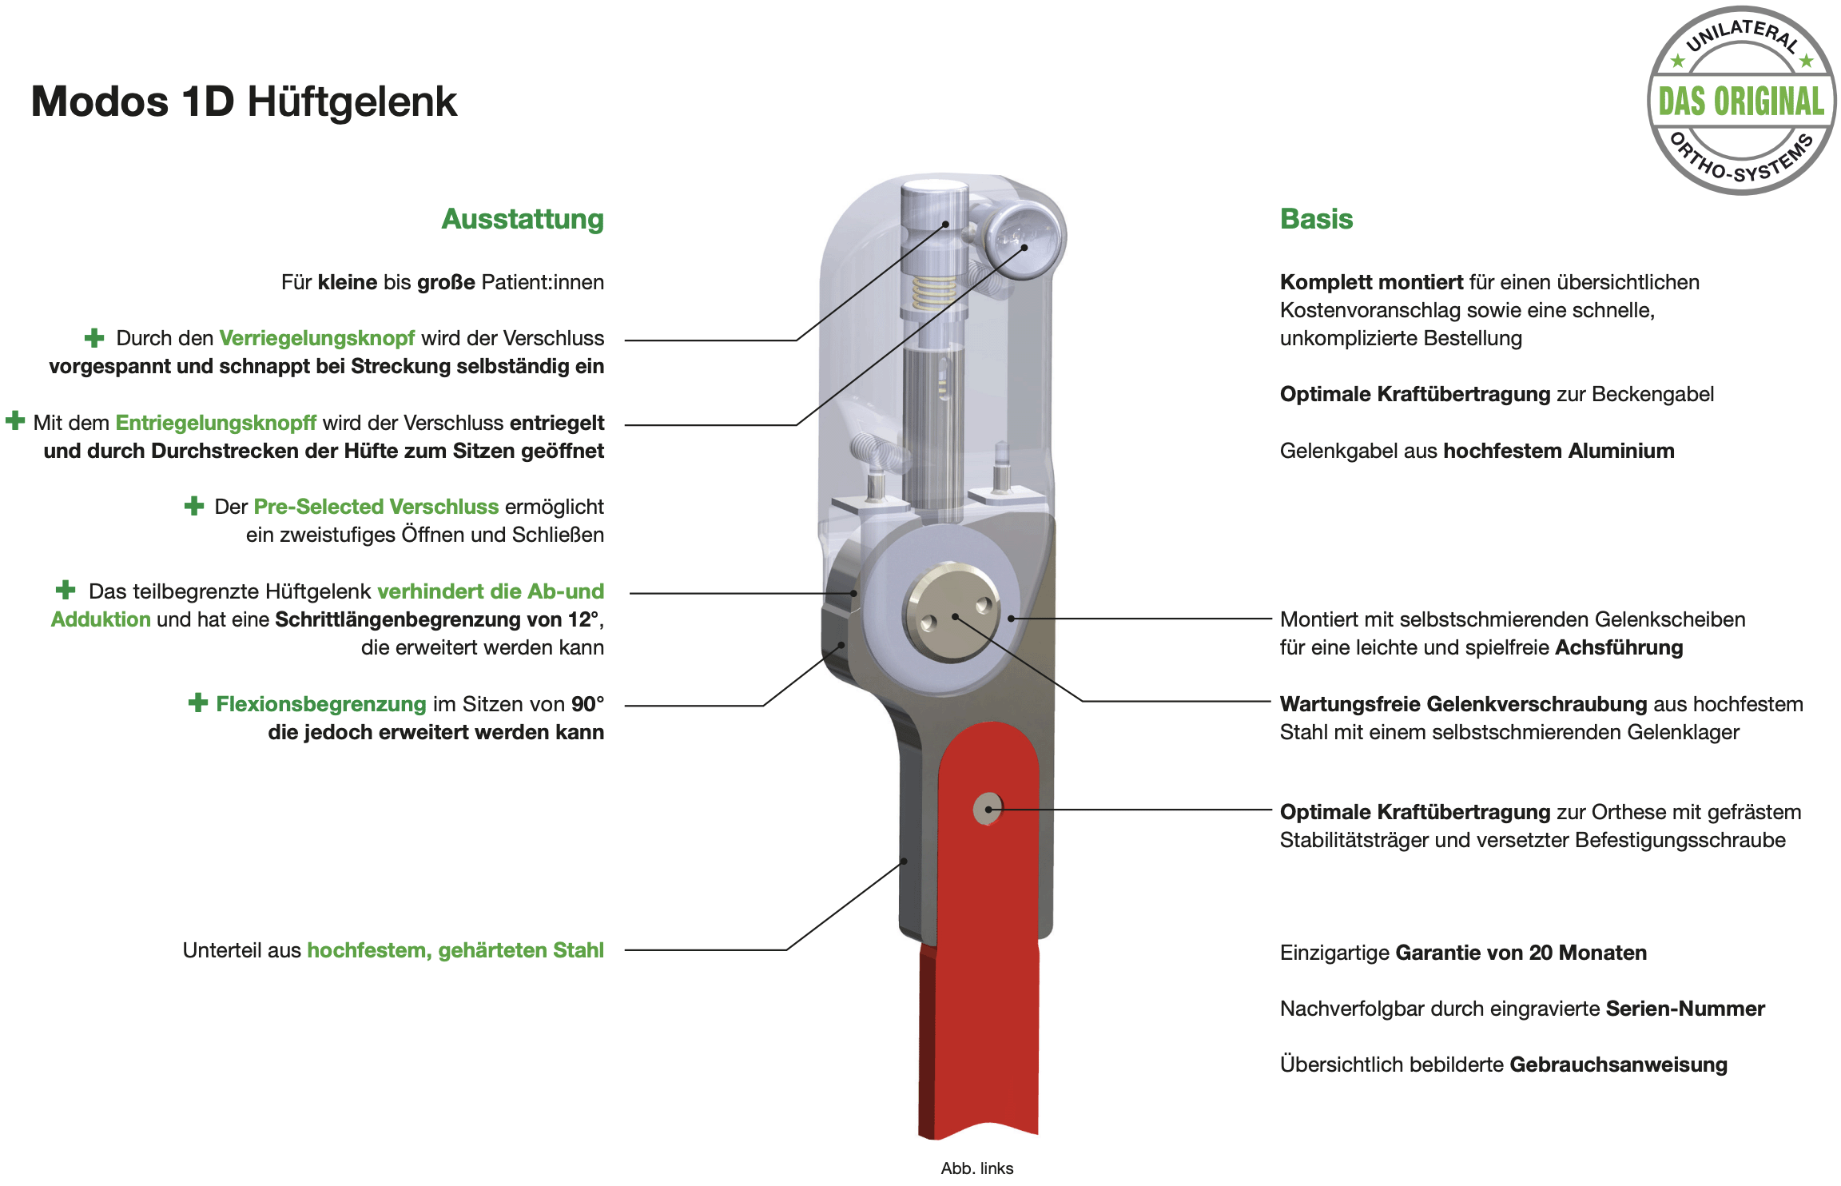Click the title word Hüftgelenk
tap(352, 102)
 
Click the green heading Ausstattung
tap(523, 219)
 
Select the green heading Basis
tap(1316, 219)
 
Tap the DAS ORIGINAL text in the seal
tap(1741, 101)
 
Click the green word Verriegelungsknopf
tap(317, 338)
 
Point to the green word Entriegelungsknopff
tap(216, 423)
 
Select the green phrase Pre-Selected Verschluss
tap(376, 507)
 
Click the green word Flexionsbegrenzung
tap(321, 704)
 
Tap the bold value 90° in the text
tap(588, 704)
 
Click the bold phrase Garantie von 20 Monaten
tap(1521, 953)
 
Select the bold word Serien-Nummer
tap(1685, 1009)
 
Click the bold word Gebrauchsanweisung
tap(1619, 1065)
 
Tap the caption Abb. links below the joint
tap(977, 1168)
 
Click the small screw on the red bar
tap(988, 809)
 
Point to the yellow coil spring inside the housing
tap(934, 292)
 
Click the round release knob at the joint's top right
tap(1024, 237)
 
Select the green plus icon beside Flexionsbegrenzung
tap(197, 702)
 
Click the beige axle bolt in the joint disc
tap(952, 613)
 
